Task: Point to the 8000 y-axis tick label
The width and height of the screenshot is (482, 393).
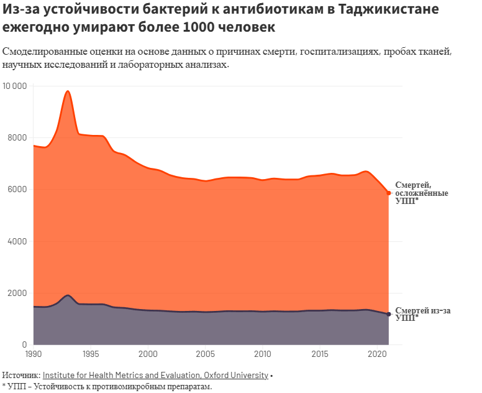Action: [x=17, y=138]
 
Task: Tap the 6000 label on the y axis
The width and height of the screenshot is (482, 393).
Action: [x=17, y=190]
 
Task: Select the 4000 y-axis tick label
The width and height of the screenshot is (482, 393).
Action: [x=17, y=241]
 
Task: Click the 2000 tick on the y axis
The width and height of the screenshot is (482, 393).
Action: [x=17, y=293]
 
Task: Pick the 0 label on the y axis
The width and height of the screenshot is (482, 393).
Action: [x=23, y=344]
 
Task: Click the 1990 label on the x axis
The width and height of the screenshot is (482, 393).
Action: [x=34, y=354]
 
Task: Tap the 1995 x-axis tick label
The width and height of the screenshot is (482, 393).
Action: [x=91, y=354]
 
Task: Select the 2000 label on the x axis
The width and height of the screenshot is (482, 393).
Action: [x=148, y=354]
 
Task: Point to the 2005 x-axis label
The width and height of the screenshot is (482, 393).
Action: [x=206, y=354]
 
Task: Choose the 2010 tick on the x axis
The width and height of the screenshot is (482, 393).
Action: [x=263, y=354]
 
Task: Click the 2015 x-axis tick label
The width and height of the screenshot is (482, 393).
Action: [x=320, y=354]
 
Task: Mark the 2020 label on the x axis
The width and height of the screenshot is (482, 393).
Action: [x=377, y=354]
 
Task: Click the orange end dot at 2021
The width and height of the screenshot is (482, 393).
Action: [x=389, y=193]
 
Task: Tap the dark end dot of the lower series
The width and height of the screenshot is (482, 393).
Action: [x=389, y=314]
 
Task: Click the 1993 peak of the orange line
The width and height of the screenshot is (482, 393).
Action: [x=68, y=91]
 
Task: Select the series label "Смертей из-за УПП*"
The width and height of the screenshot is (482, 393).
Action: [x=422, y=313]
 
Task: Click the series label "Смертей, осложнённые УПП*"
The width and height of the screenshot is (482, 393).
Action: [x=422, y=193]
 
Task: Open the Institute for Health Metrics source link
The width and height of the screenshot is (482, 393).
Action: [x=155, y=375]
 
